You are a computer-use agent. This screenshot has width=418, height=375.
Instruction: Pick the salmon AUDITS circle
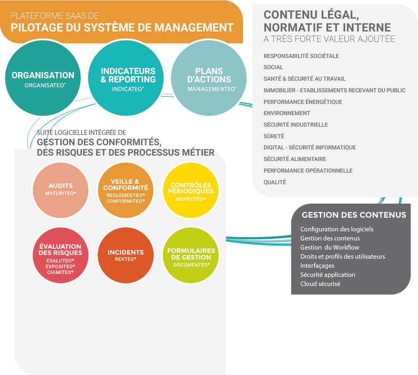click(x=60, y=190)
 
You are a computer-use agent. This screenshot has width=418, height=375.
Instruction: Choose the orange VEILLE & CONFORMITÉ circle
click(x=125, y=190)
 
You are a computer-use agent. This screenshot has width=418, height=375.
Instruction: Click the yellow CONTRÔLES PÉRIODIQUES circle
click(x=190, y=190)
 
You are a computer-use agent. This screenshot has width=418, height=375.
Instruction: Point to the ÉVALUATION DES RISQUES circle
click(x=60, y=255)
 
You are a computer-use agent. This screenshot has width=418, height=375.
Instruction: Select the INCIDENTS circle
click(x=125, y=255)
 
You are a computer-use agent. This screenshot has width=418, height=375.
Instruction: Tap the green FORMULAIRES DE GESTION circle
click(x=190, y=255)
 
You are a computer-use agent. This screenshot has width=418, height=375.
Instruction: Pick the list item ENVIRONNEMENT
click(x=287, y=113)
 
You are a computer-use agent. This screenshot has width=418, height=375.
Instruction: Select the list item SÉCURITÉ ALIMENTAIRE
click(x=295, y=159)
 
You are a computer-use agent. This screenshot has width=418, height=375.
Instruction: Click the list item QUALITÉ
click(x=275, y=182)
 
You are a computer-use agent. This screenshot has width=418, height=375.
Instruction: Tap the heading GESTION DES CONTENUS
click(x=354, y=215)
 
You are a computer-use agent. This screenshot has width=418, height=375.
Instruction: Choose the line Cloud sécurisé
click(x=320, y=284)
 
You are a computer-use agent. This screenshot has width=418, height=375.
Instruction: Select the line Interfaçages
click(x=317, y=266)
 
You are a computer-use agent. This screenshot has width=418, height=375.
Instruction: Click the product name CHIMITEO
click(x=60, y=272)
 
